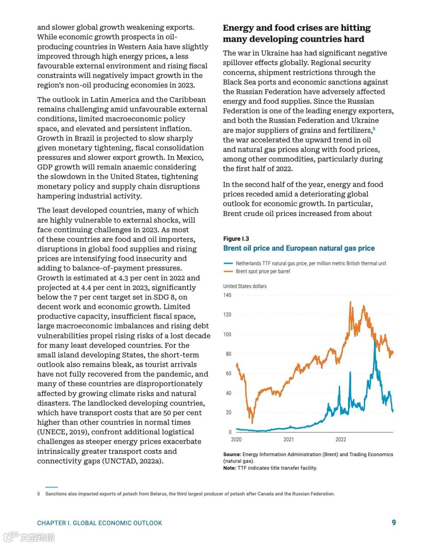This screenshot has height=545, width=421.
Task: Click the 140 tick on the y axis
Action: tap(227, 295)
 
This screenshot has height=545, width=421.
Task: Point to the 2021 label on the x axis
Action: tap(288, 439)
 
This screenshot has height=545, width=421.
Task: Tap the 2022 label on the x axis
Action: tap(341, 439)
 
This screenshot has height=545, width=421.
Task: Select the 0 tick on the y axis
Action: tap(230, 432)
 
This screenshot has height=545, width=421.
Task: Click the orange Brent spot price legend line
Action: tap(228, 271)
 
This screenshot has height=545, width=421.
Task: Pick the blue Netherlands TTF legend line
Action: tap(228, 264)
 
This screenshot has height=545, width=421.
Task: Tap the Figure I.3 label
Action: tap(236, 239)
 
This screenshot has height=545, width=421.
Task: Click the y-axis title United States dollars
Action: tap(245, 286)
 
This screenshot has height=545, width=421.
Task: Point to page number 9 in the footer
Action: tap(394, 522)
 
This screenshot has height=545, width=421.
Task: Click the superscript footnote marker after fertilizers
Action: tap(374, 129)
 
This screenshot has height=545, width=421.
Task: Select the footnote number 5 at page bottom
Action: tap(39, 494)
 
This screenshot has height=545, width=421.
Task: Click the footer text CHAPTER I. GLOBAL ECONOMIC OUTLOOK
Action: tap(99, 523)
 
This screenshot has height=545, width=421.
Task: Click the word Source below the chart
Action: tap(232, 454)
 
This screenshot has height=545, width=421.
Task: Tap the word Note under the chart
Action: tap(229, 468)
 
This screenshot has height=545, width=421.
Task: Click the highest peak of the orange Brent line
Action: tap(350, 302)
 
